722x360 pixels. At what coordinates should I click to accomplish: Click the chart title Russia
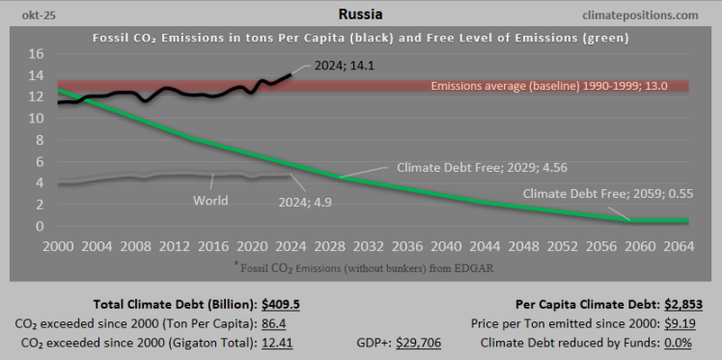pyautogui.click(x=361, y=14)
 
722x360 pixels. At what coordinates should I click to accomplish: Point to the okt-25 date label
pyautogui.click(x=27, y=15)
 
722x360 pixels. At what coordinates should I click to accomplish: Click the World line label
pyautogui.click(x=209, y=201)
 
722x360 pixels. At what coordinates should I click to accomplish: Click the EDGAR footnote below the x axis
pyautogui.click(x=363, y=265)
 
